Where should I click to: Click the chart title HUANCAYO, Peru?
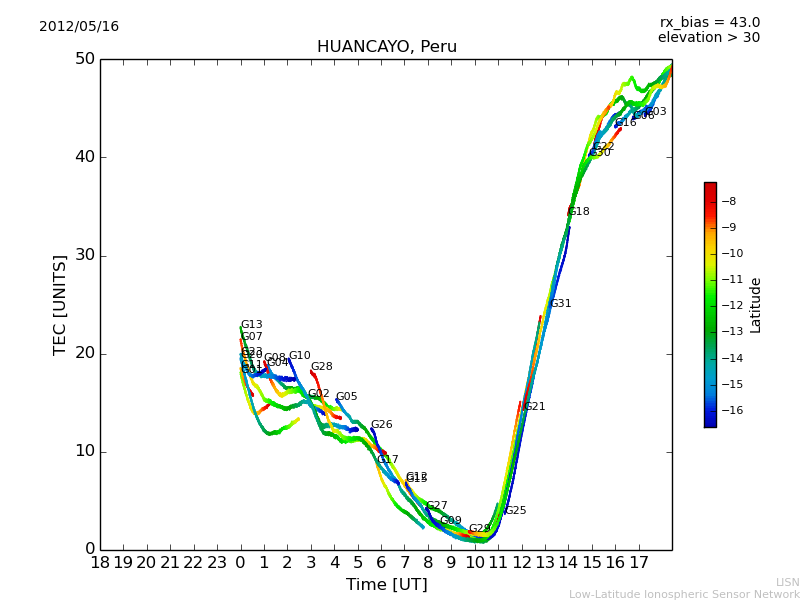click(x=386, y=47)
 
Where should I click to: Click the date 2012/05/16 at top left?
click(x=79, y=27)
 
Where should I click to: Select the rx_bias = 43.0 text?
click(x=709, y=23)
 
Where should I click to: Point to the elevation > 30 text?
click(x=708, y=38)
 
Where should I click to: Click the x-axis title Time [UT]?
click(x=386, y=585)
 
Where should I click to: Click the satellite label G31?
click(x=560, y=304)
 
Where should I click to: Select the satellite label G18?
click(x=578, y=212)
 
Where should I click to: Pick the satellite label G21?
click(x=534, y=407)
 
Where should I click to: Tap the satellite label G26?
click(x=381, y=425)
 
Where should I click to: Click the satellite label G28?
click(x=321, y=367)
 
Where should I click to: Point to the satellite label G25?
click(x=515, y=511)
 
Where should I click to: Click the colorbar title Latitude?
click(x=756, y=305)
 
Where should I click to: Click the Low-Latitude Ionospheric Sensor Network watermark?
click(x=684, y=595)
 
